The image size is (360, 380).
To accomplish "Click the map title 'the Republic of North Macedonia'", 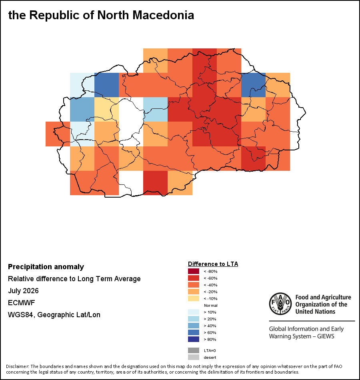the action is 101,15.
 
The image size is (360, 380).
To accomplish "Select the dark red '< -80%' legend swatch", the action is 194,271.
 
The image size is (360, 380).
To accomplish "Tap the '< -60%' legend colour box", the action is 194,278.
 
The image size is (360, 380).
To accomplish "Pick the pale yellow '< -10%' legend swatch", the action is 194,298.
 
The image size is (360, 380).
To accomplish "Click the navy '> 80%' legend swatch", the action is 194,339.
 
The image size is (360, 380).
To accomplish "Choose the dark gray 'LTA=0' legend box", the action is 194,350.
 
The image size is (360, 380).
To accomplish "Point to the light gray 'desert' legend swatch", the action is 194,357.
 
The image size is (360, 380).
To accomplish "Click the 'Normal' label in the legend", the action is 211,305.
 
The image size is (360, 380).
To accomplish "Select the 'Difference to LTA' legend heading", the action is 213,264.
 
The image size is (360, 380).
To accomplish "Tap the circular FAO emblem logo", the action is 280,304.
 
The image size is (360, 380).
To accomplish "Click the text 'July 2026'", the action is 23,290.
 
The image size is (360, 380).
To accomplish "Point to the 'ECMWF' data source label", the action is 21,303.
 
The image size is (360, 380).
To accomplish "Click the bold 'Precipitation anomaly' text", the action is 46,266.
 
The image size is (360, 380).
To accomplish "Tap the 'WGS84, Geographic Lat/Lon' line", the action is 54,314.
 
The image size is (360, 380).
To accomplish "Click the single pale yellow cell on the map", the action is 106,109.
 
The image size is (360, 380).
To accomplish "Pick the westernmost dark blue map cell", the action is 106,85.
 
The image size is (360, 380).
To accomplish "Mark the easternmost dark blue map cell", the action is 253,85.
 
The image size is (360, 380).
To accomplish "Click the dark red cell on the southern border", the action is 155,183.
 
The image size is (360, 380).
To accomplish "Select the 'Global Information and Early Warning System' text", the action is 306,332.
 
